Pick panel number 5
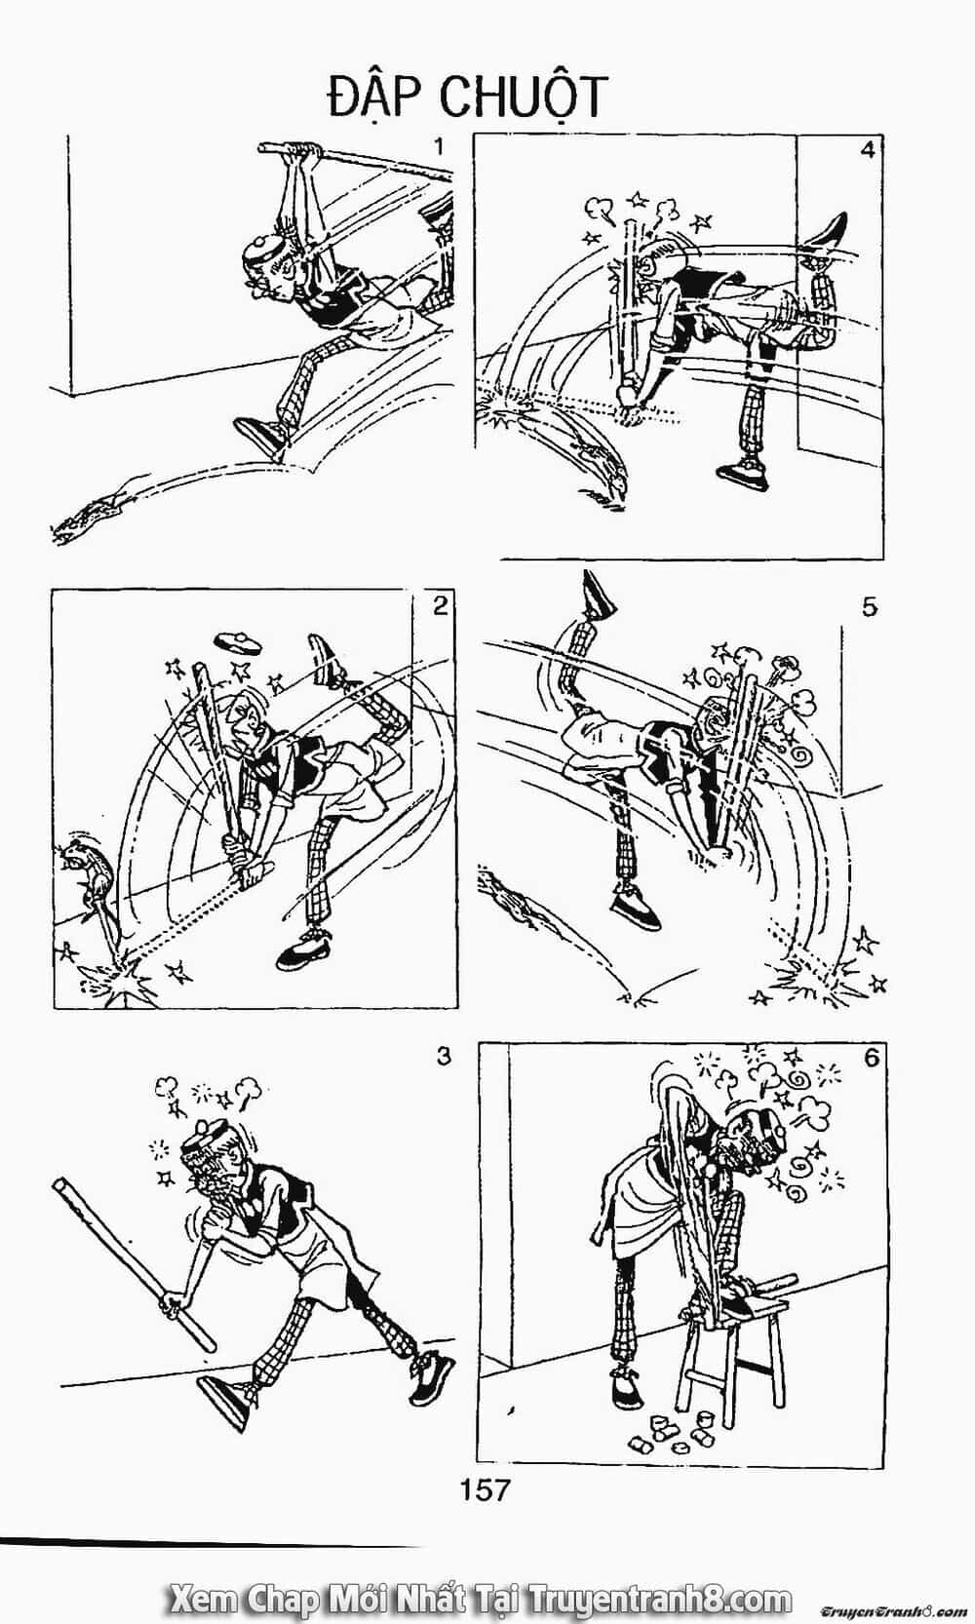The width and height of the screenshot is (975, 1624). point(869,606)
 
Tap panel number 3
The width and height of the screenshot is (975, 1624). point(443,1057)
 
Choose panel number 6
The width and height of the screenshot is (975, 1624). point(871,1058)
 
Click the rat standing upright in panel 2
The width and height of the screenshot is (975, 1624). point(86,867)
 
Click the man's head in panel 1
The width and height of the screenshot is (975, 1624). point(264,269)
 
